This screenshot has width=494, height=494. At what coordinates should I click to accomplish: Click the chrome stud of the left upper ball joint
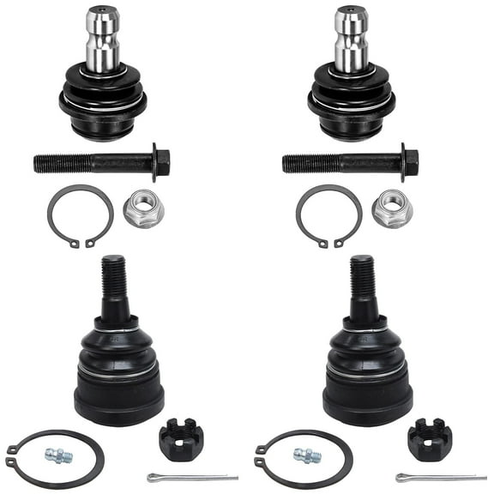(x=102, y=39)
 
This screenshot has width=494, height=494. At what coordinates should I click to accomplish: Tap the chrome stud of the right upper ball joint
(x=351, y=39)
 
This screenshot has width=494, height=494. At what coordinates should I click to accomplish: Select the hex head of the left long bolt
(x=161, y=160)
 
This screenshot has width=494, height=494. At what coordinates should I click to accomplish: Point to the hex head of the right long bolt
(x=410, y=160)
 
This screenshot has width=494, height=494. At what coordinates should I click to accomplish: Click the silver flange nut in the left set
(x=141, y=208)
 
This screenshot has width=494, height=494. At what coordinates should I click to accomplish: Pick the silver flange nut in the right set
(x=391, y=208)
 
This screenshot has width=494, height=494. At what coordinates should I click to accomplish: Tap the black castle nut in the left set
(x=179, y=437)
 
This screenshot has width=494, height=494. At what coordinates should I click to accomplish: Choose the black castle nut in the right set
(x=428, y=437)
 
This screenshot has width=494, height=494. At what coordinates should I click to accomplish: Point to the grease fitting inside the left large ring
(x=59, y=455)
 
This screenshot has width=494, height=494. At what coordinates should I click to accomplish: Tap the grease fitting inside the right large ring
(x=308, y=455)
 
